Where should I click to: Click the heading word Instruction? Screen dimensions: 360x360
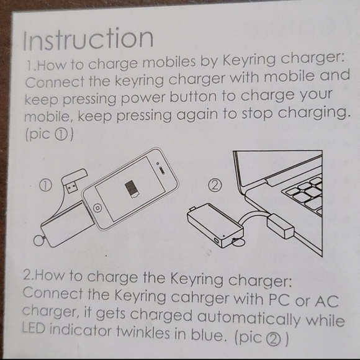pyautogui.click(x=88, y=38)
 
